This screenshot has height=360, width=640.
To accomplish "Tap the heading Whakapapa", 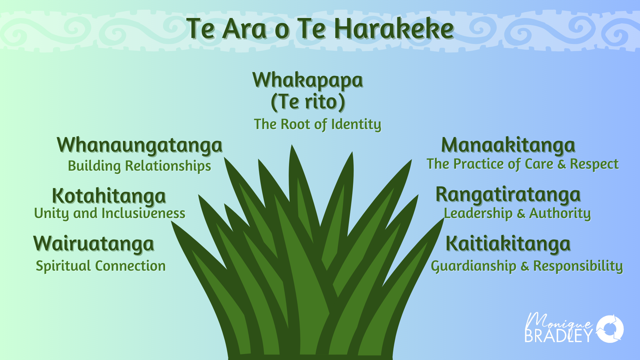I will tap(307, 80).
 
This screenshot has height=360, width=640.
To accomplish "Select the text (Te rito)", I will tap(308, 102).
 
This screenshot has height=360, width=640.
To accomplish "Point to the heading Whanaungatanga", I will tap(140, 145).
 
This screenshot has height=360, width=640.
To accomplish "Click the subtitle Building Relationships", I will tap(139, 166).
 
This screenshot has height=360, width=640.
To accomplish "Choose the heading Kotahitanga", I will tap(109, 196).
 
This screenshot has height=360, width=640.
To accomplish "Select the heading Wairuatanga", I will tap(94, 244).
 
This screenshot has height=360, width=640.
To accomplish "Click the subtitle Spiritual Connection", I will tap(101, 266).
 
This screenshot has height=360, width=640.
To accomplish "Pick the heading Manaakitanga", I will tap(508, 145).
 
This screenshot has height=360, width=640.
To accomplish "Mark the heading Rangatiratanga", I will tap(508, 195).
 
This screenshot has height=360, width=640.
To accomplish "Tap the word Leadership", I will tap(478, 213).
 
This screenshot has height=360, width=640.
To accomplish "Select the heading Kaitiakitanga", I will tap(508, 244).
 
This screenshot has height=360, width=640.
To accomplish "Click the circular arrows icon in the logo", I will tap(610, 329).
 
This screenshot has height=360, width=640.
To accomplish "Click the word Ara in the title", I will tap(245, 29).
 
